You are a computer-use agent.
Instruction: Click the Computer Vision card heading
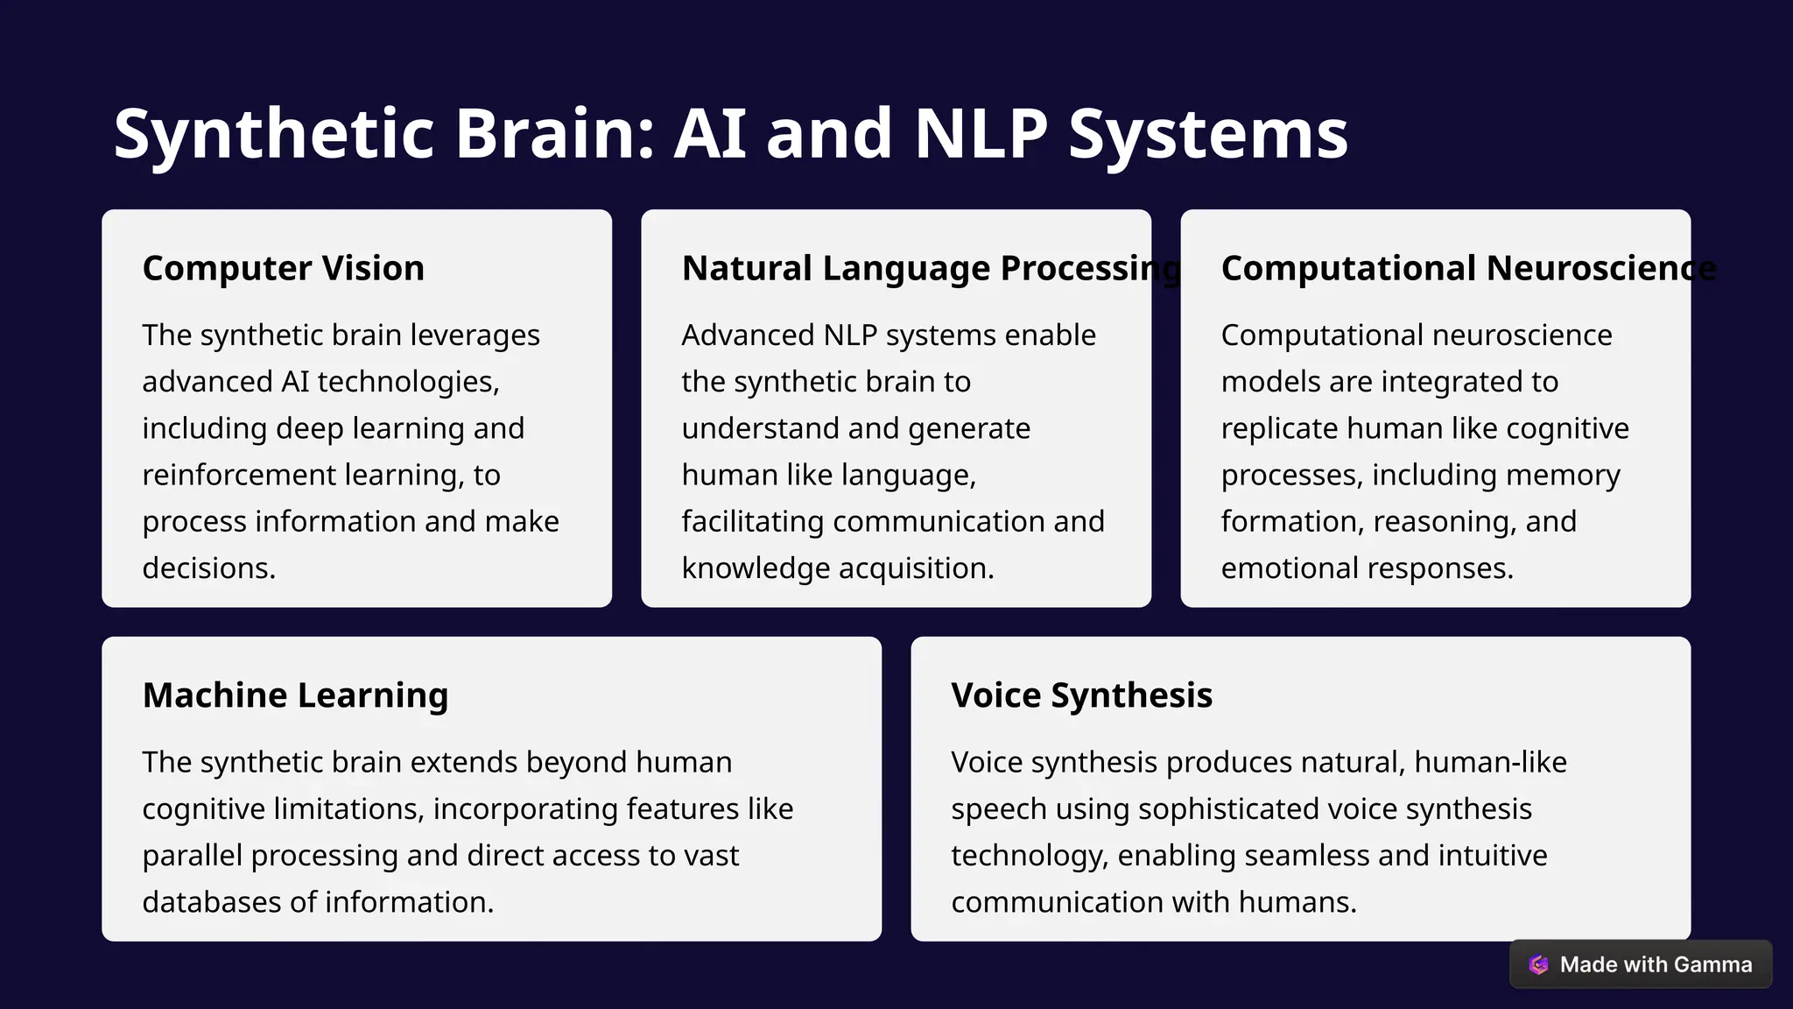[283, 268]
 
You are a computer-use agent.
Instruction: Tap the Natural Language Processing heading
[932, 268]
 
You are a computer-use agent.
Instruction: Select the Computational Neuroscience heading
[1468, 268]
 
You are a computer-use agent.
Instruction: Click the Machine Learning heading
[295, 695]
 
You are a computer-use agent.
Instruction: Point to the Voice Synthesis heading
[1081, 695]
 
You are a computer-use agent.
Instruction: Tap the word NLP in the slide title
[981, 134]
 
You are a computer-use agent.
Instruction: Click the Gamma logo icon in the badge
[1538, 964]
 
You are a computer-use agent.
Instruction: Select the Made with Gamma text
[1656, 964]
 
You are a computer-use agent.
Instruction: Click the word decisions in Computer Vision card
[208, 568]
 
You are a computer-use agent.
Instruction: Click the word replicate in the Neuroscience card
[1278, 429]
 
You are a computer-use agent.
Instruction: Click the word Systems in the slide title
[1208, 134]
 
